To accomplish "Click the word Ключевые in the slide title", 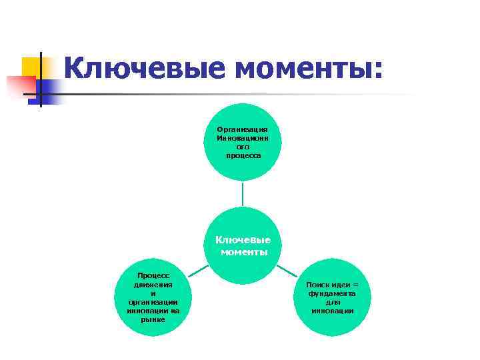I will [x=141, y=68].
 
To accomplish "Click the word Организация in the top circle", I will [x=243, y=129].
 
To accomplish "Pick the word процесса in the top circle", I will [x=243, y=155].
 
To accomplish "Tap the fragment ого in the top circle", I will [x=243, y=147].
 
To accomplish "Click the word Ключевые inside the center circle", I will [x=243, y=240].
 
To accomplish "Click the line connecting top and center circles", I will [x=243, y=193].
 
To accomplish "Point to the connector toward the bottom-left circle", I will [x=198, y=270].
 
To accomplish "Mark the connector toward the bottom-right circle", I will [x=287, y=270].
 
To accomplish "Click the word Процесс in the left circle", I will [x=153, y=275].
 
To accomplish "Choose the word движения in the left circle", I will [x=153, y=284].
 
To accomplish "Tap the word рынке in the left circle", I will [x=153, y=319].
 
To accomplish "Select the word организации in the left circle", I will [x=153, y=302].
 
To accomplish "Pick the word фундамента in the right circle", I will [x=332, y=293].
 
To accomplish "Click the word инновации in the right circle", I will [x=332, y=311].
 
